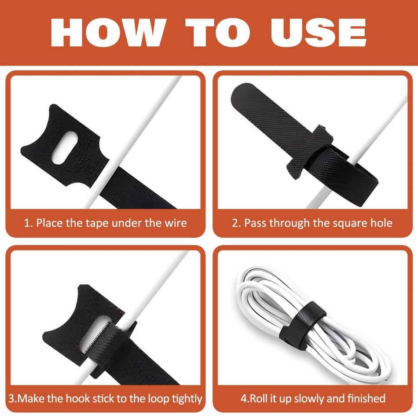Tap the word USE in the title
[319, 33]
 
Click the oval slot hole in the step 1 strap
[65, 148]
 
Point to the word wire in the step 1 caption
[176, 223]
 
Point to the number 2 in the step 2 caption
[235, 223]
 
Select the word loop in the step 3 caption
[158, 399]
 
